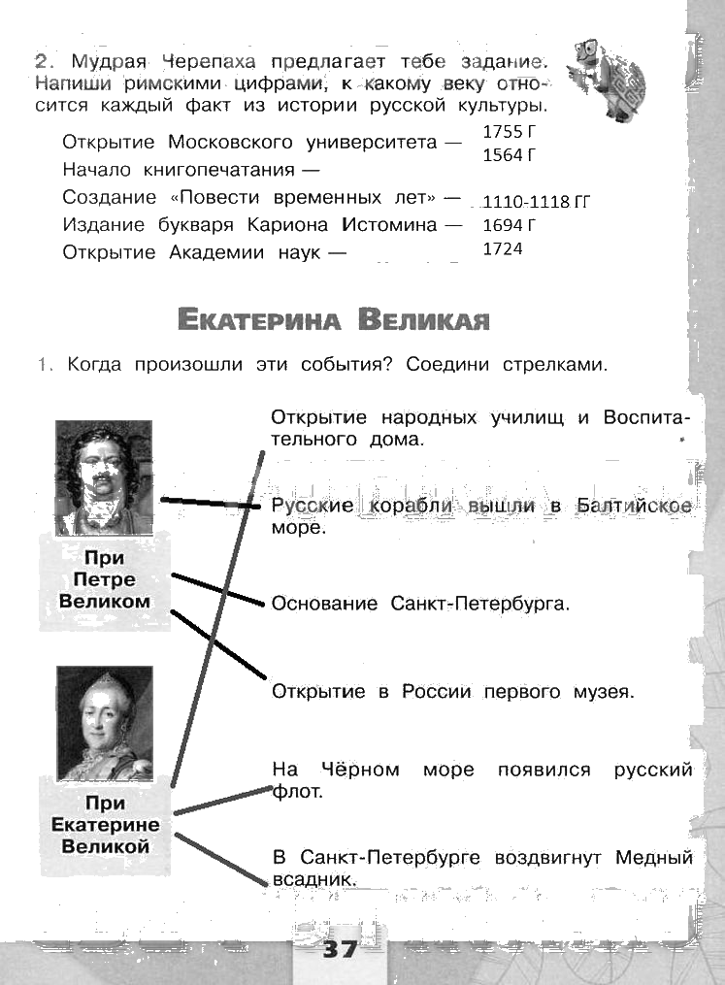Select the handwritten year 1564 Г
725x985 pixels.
509,154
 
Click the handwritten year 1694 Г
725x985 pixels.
509,226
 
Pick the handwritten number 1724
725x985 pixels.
502,249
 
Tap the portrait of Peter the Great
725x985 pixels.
104,476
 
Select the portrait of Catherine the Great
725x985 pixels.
104,723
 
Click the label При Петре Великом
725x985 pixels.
105,580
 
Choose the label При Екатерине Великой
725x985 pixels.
105,824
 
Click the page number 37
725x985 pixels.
340,948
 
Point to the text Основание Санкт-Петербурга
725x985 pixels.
419,604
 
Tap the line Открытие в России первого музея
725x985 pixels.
451,692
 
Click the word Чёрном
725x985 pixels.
362,770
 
